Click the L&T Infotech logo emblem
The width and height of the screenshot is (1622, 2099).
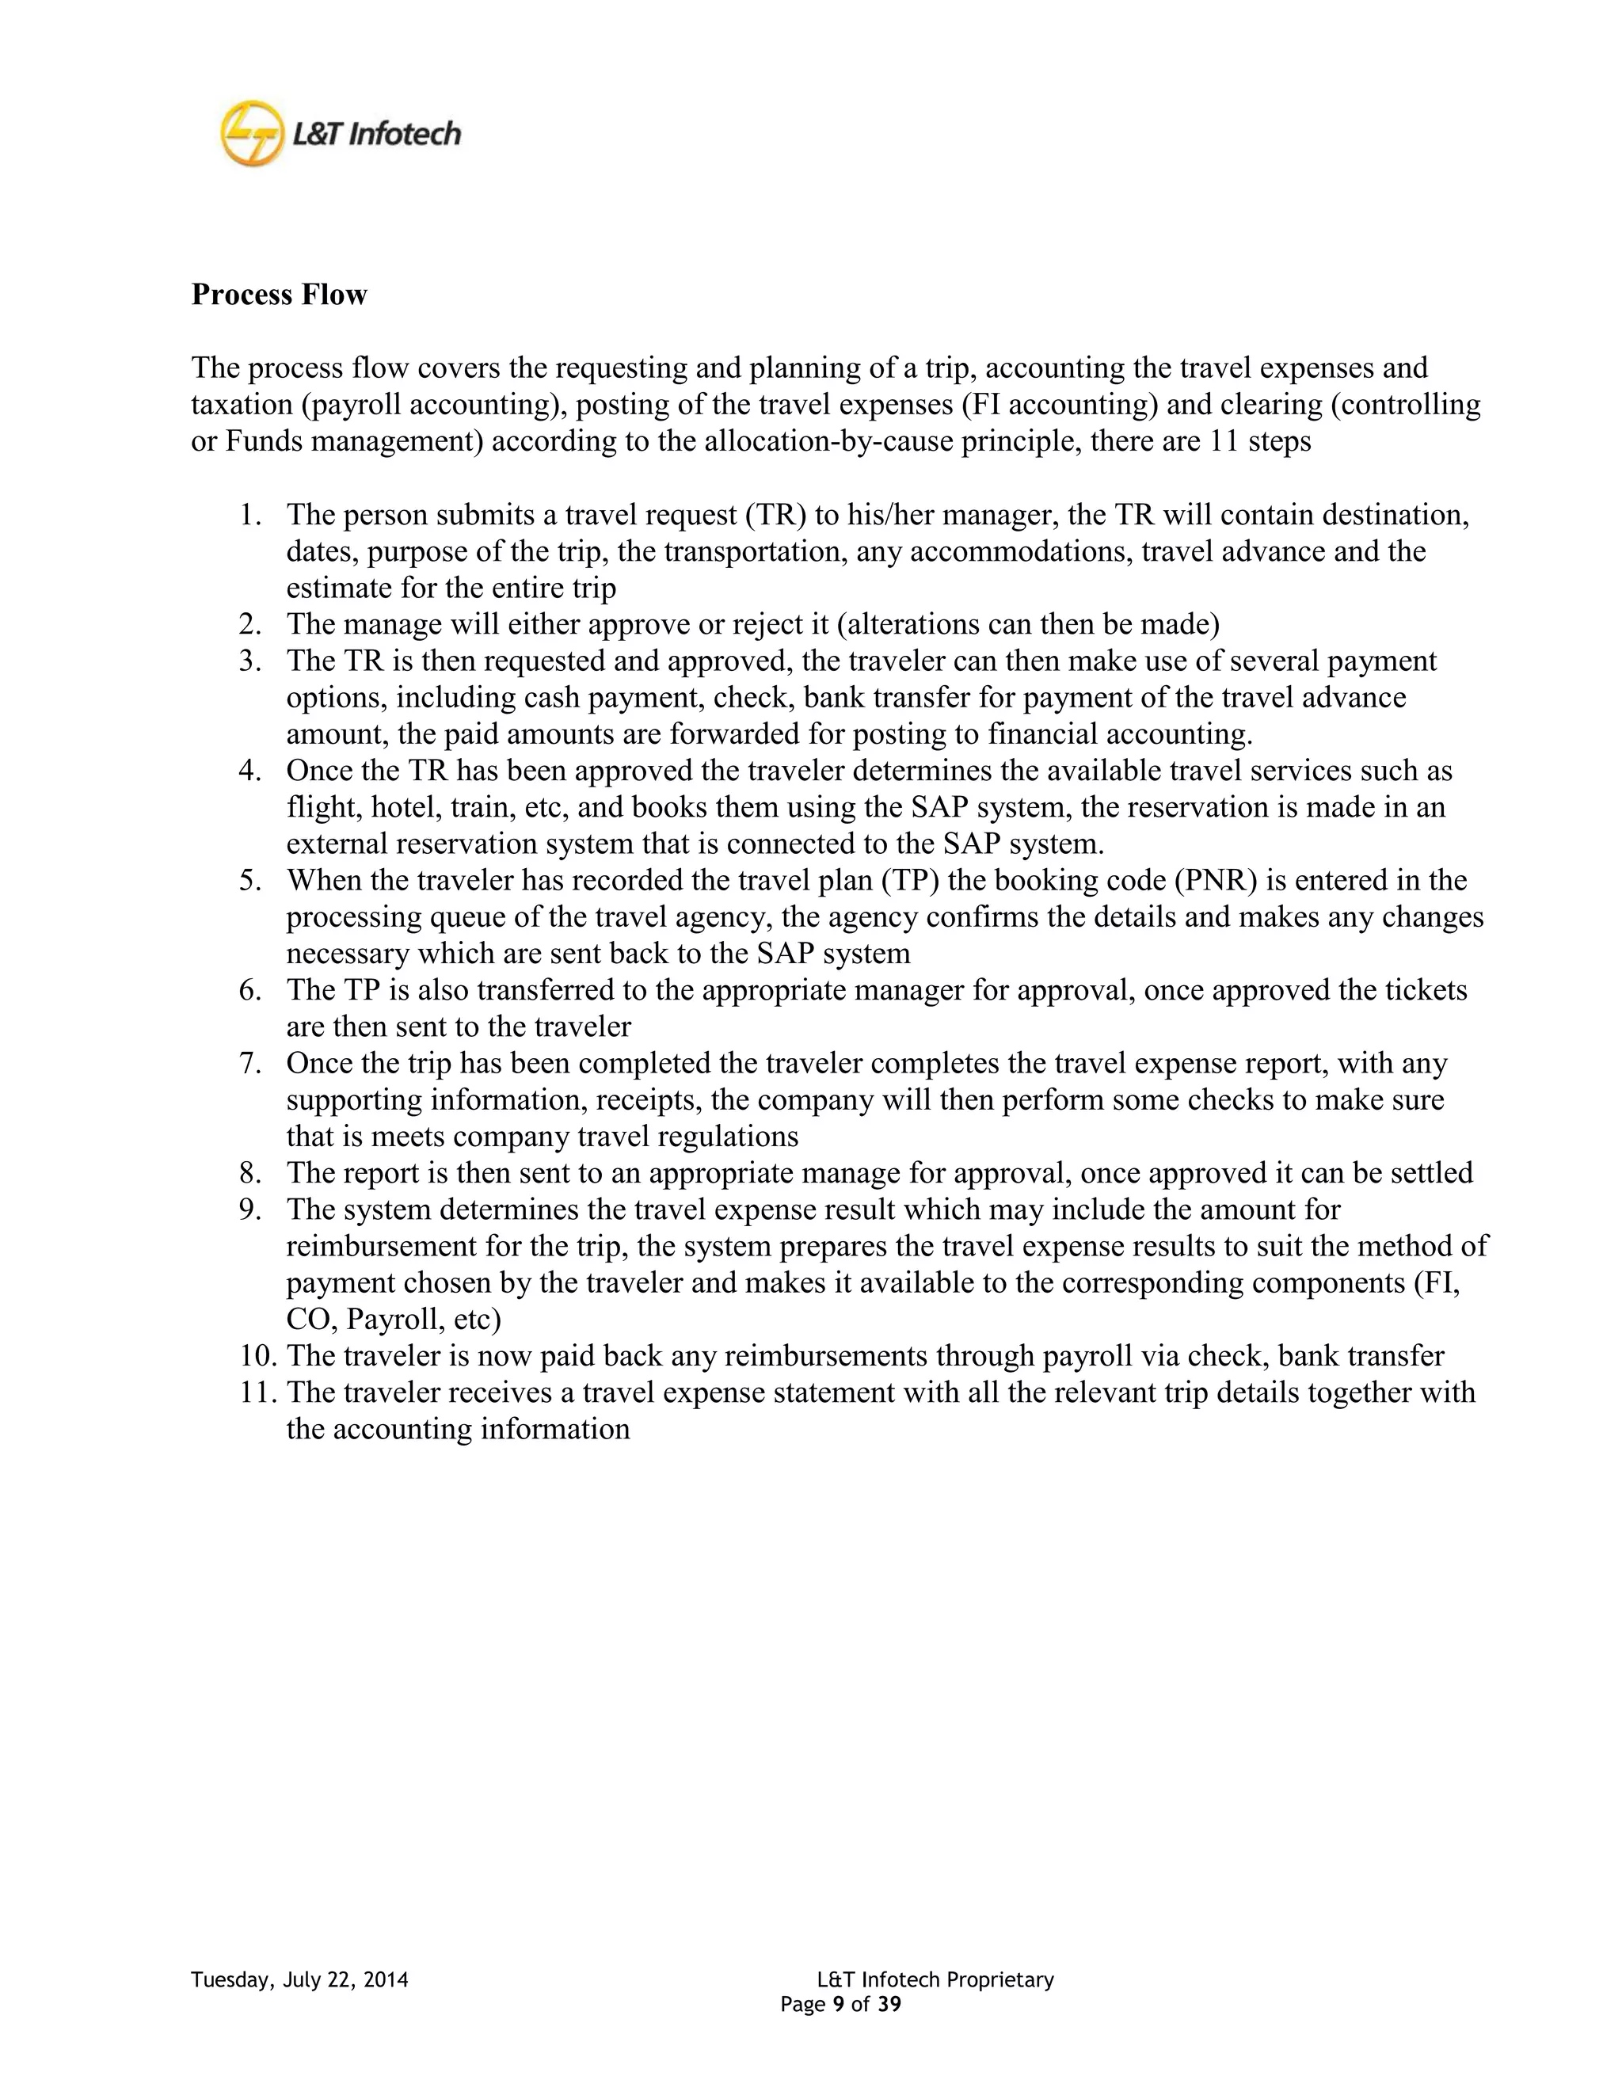pos(253,132)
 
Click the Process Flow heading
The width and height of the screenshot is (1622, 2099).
pos(279,294)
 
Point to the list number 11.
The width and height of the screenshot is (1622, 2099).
pos(257,1392)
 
